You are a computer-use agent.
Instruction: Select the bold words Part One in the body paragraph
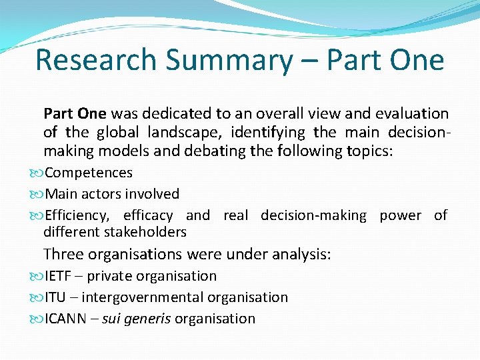click(x=75, y=113)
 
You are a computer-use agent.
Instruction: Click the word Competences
click(x=89, y=173)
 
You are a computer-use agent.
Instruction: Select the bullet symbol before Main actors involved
click(x=37, y=194)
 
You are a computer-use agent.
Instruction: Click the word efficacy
click(x=148, y=215)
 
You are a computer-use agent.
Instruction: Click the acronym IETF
click(x=58, y=276)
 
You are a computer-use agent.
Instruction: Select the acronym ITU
click(x=55, y=297)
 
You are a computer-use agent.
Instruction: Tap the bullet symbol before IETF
click(x=37, y=276)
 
